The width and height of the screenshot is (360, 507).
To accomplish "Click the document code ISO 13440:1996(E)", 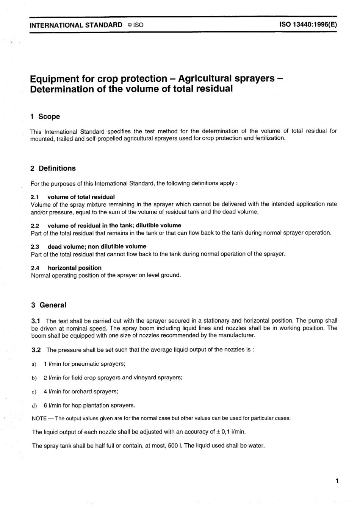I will pyautogui.click(x=308, y=25).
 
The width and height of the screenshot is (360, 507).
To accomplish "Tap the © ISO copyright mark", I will pyautogui.click(x=135, y=25).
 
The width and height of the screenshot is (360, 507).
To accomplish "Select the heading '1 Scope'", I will pyautogui.click(x=45, y=117).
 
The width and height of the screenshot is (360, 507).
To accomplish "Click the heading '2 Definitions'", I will pyautogui.click(x=53, y=168).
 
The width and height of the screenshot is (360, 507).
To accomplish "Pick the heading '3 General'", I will pyautogui.click(x=49, y=305).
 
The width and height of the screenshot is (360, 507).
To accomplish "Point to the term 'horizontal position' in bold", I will pyautogui.click(x=75, y=268).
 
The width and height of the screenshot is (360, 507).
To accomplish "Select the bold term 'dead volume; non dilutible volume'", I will pyautogui.click(x=97, y=246).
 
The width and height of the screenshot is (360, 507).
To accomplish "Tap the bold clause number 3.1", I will pyautogui.click(x=36, y=321).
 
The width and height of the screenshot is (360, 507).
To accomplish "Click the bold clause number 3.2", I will pyautogui.click(x=36, y=349).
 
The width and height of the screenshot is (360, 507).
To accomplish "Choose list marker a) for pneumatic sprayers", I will pyautogui.click(x=34, y=364).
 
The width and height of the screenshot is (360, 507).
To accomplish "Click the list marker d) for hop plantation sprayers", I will pyautogui.click(x=34, y=406).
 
